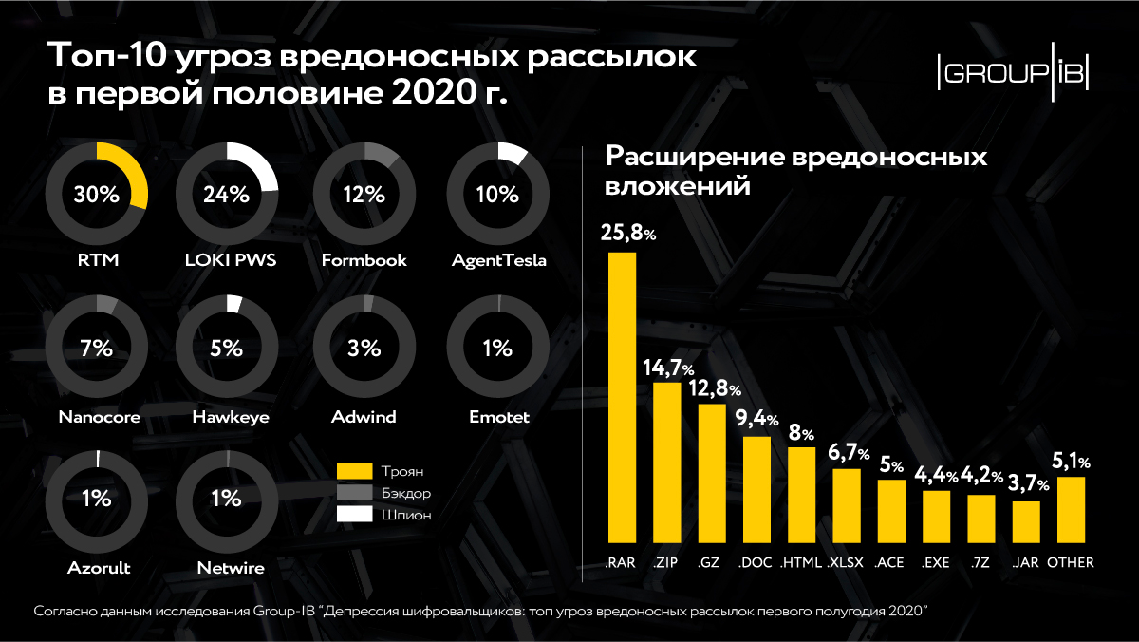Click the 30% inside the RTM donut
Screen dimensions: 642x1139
pos(97,195)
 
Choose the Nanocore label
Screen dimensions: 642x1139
pos(98,417)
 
